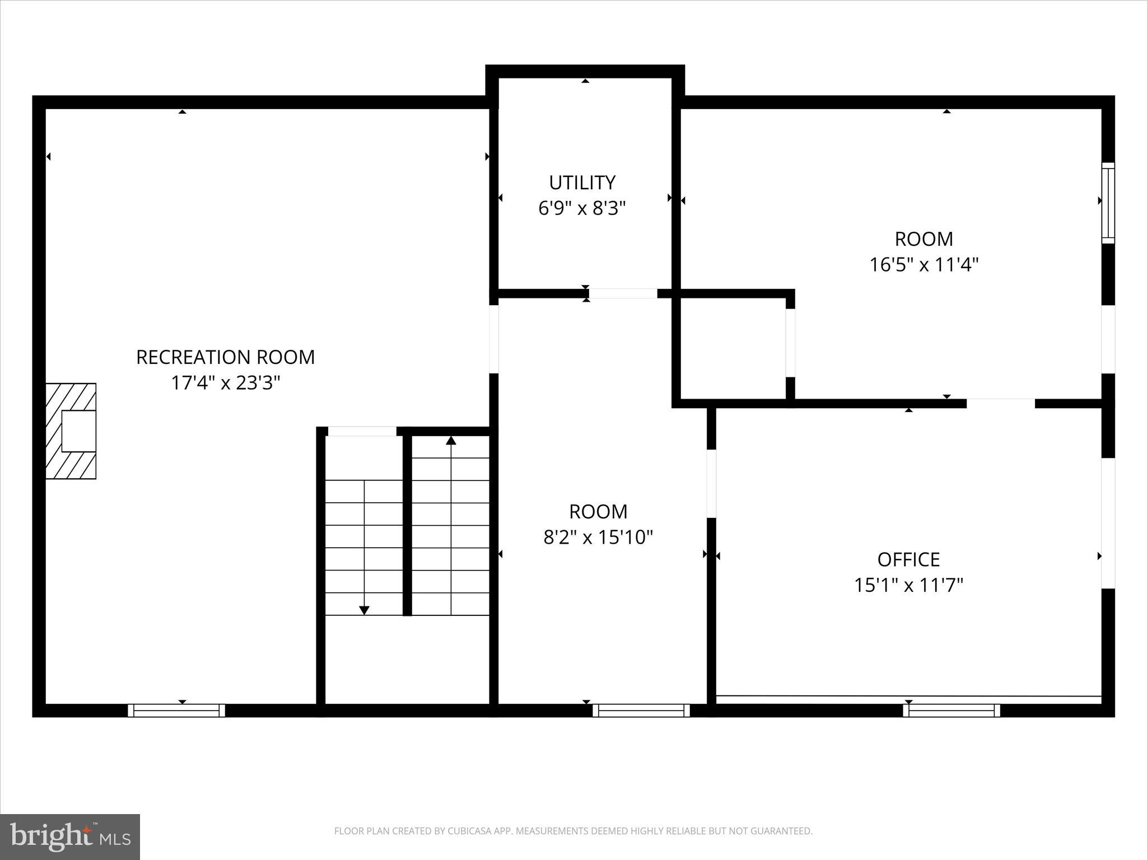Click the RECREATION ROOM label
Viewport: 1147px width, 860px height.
coord(225,357)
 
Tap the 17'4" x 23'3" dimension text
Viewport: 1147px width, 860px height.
coord(225,383)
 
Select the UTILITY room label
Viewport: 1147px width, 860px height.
coord(582,183)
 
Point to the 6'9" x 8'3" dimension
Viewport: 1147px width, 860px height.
coord(582,208)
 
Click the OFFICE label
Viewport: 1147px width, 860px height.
coord(908,559)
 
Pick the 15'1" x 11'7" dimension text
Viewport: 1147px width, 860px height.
coord(908,585)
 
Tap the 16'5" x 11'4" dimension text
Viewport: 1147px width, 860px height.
coord(924,264)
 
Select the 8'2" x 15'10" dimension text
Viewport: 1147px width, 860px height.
coord(598,537)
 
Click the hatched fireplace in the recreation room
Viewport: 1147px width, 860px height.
coord(71,431)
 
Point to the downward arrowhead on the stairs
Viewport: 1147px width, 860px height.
coord(364,610)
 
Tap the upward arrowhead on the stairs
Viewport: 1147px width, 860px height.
coord(451,441)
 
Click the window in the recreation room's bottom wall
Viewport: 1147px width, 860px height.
coord(176,711)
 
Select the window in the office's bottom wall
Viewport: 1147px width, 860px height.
coord(952,711)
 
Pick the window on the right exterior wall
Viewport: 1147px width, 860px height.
coord(1108,203)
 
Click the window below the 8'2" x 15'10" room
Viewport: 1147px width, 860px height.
coord(641,711)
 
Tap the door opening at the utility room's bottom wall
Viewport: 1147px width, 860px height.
coord(623,293)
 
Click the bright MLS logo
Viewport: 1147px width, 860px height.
coord(70,837)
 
